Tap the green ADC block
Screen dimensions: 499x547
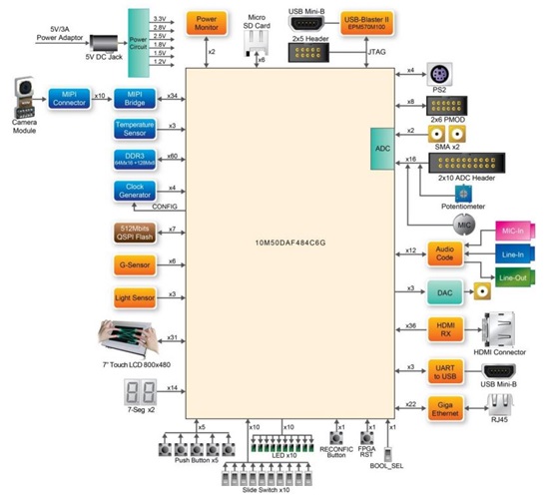(x=382, y=147)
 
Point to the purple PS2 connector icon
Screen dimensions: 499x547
(x=436, y=73)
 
